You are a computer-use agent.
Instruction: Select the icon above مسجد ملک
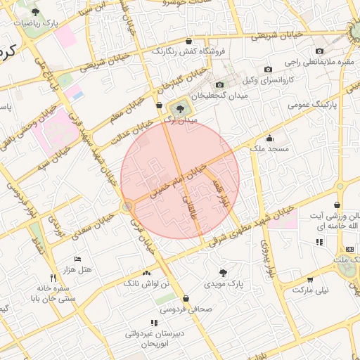(269, 139)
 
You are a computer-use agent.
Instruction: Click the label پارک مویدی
(223, 284)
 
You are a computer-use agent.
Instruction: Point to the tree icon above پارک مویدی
(223, 272)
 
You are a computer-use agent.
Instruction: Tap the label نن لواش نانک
(146, 283)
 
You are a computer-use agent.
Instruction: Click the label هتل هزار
(77, 270)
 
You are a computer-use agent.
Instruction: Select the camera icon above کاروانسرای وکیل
(268, 69)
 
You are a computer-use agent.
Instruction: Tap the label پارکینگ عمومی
(313, 105)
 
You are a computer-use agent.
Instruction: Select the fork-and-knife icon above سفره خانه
(53, 278)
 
